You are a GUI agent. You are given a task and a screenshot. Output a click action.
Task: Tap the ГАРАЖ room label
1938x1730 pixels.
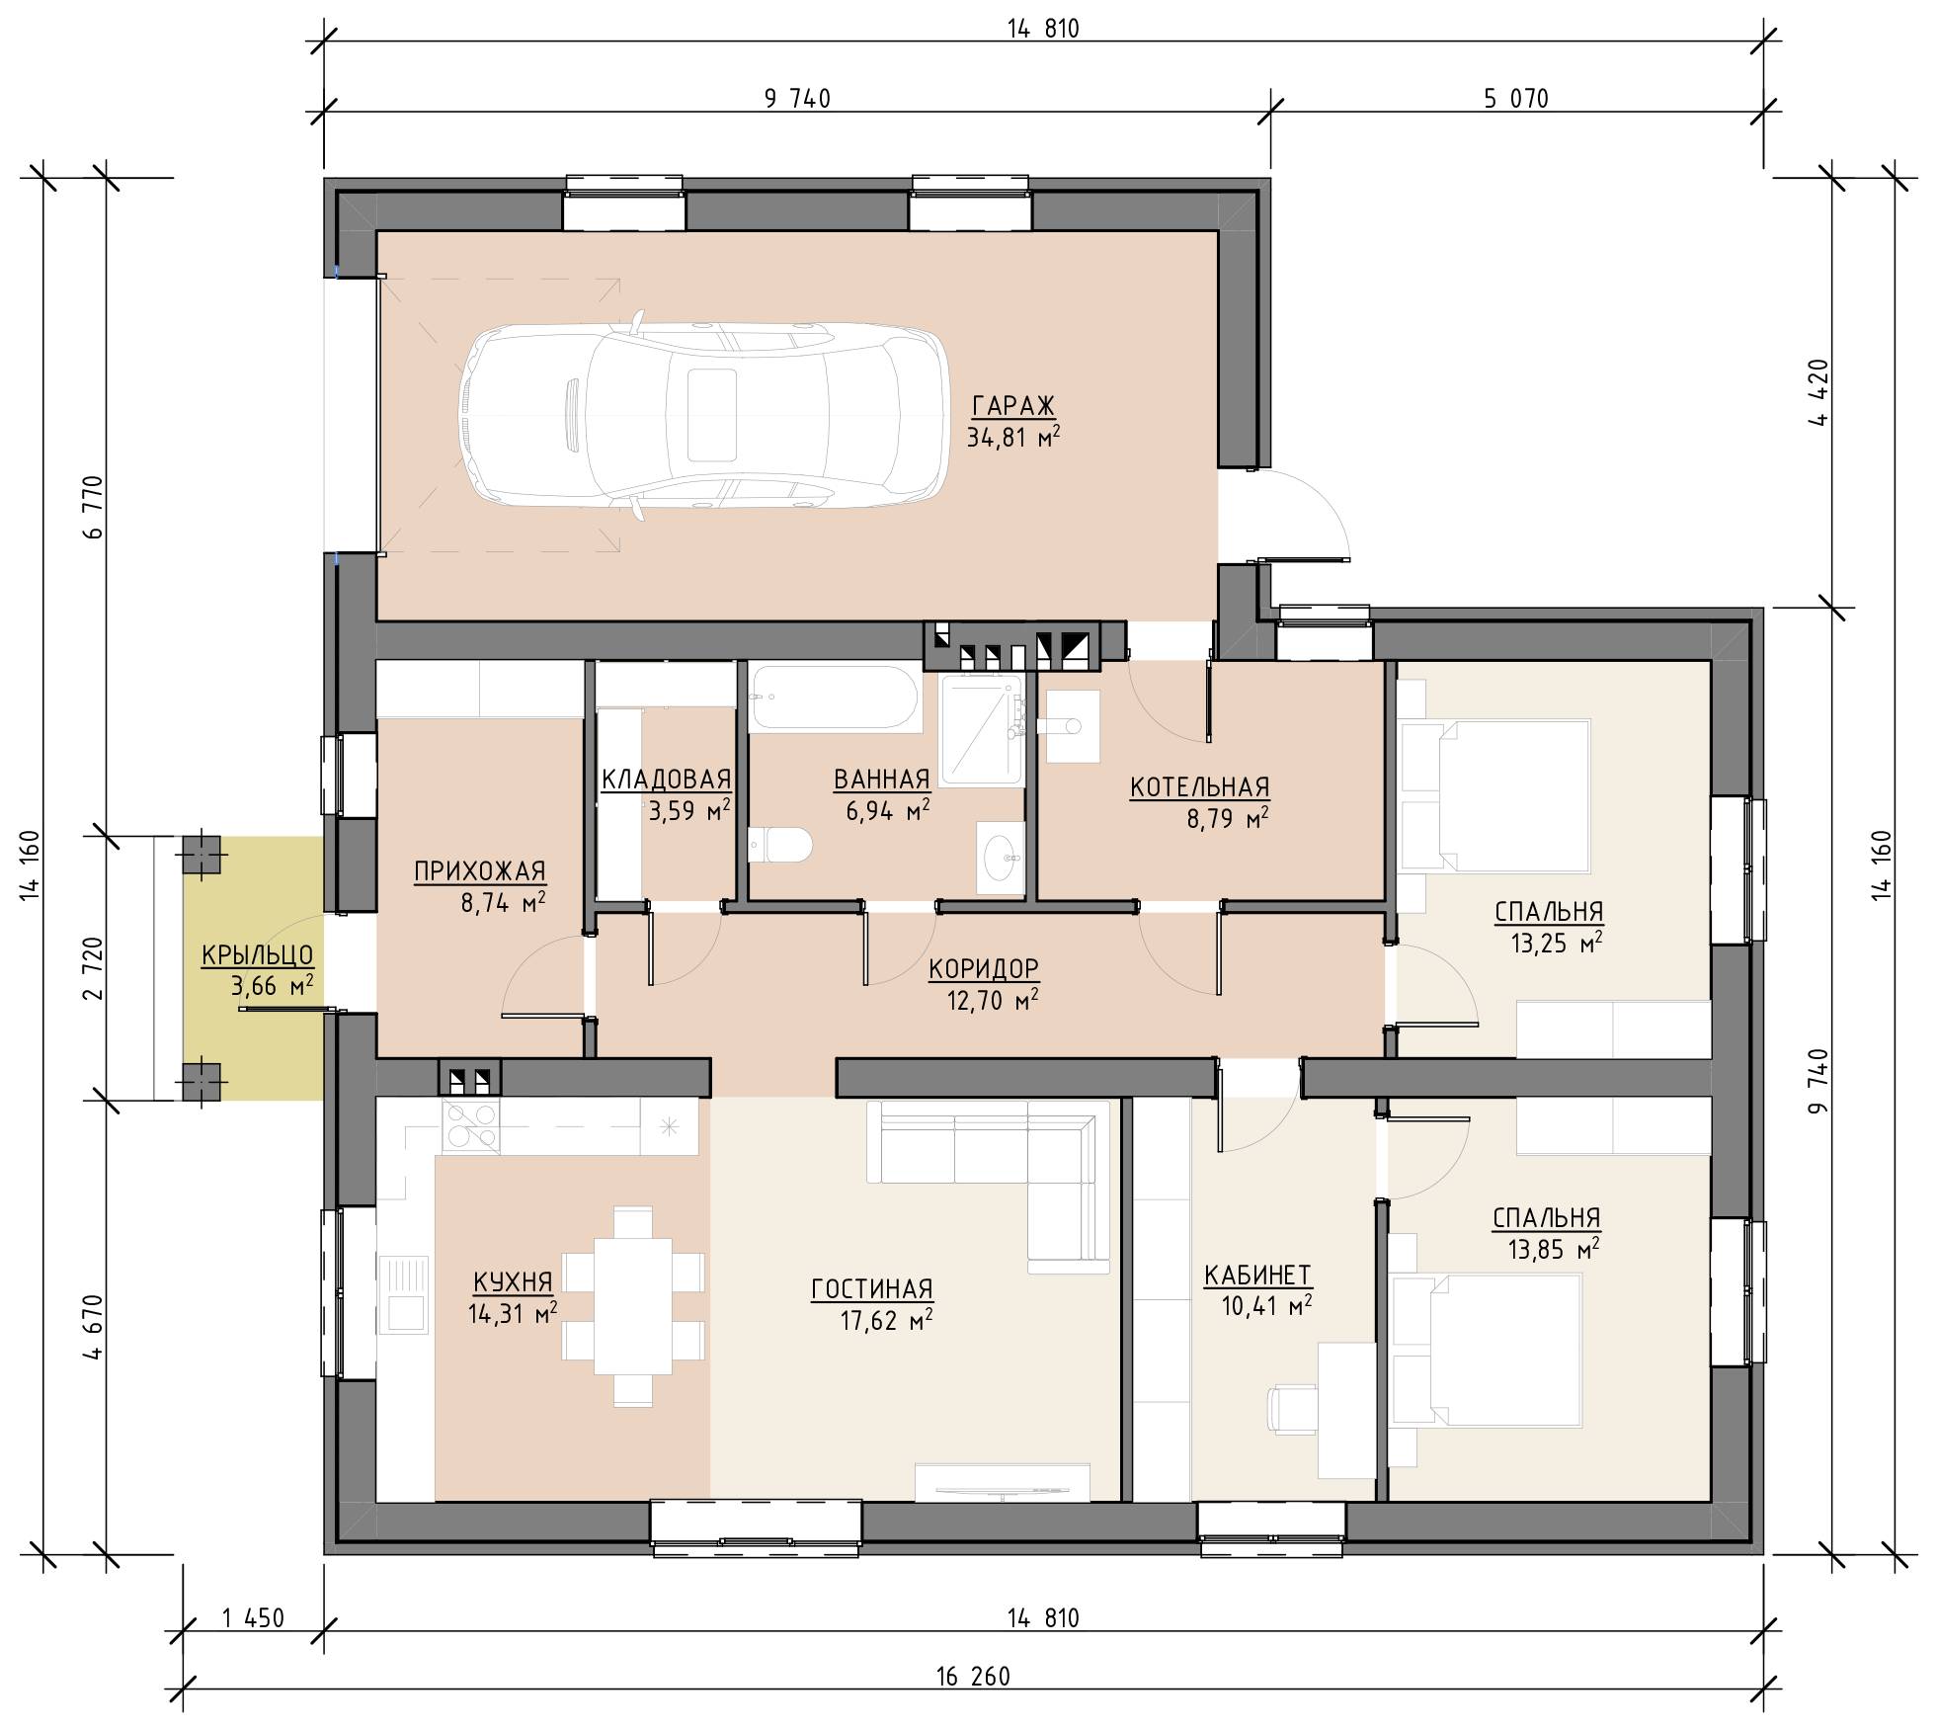click(x=1013, y=406)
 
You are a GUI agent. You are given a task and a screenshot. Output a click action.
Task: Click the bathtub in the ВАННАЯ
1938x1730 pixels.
click(x=835, y=698)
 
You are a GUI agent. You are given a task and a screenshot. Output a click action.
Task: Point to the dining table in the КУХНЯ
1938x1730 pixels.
click(x=633, y=1304)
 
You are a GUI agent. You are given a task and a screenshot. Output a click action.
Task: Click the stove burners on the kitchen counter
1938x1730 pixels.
click(x=470, y=1126)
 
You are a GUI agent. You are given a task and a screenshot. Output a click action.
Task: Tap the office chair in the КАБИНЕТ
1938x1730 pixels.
click(x=1291, y=1410)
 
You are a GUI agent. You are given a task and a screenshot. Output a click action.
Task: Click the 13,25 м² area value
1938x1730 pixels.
click(x=1556, y=944)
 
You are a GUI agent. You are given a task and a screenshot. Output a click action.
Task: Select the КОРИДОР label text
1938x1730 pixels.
click(x=983, y=968)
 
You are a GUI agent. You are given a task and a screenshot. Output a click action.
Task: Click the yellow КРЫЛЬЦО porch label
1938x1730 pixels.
click(x=257, y=955)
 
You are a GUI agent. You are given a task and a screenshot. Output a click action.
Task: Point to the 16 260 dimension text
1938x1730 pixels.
click(x=973, y=1677)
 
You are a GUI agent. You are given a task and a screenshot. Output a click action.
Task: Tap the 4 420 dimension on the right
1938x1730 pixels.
click(x=1818, y=391)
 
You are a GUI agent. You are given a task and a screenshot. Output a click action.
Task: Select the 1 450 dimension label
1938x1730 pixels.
click(x=253, y=1617)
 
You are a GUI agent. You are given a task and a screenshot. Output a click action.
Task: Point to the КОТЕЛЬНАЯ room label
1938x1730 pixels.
click(x=1200, y=787)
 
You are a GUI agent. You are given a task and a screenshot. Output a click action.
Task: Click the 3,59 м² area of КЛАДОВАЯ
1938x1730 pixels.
click(x=689, y=811)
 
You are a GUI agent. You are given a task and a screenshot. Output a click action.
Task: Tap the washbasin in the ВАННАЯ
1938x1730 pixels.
click(x=1003, y=858)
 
